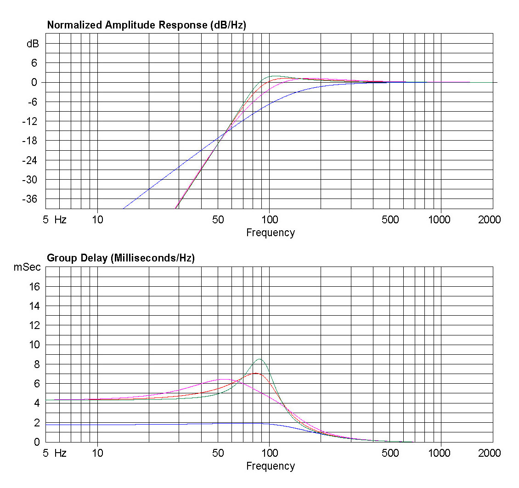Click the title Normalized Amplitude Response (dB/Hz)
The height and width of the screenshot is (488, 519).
(x=147, y=25)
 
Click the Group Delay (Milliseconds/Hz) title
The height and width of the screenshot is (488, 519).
(x=121, y=258)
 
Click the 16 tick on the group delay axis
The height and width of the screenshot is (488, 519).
(x=34, y=287)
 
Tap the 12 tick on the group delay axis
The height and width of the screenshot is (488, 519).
(x=34, y=325)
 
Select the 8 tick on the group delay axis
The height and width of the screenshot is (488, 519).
(x=37, y=364)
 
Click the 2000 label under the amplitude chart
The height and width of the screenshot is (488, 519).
(x=489, y=220)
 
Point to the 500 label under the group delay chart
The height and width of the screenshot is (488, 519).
(x=390, y=453)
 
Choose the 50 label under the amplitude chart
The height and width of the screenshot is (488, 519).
(x=218, y=220)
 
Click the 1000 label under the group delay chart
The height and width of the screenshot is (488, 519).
(x=440, y=453)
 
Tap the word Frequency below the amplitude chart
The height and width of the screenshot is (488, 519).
(x=270, y=233)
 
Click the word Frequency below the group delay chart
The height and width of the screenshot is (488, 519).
(x=270, y=466)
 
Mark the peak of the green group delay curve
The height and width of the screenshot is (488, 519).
(x=260, y=359)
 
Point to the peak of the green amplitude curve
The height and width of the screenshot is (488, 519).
(x=275, y=76)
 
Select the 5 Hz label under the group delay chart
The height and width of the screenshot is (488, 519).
(x=54, y=453)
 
